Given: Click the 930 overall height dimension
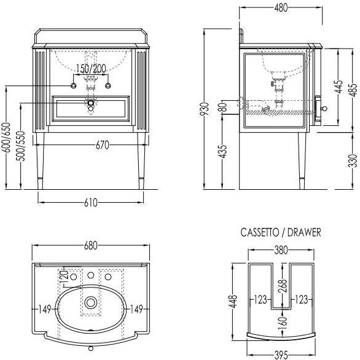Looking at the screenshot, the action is pyautogui.click(x=205, y=109).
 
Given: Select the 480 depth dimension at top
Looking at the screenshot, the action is pyautogui.click(x=281, y=8).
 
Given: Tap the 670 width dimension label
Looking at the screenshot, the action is pyautogui.click(x=102, y=145).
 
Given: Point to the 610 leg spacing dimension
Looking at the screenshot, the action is pyautogui.click(x=91, y=203).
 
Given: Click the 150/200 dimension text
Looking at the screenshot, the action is pyautogui.click(x=91, y=68).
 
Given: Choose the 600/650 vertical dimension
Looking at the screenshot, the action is pyautogui.click(x=7, y=137).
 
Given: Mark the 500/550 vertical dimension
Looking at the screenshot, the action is pyautogui.click(x=21, y=146).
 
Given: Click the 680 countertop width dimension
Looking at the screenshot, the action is pyautogui.click(x=91, y=246).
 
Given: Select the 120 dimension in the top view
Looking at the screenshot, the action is pyautogui.click(x=65, y=277).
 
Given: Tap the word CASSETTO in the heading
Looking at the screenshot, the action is pyautogui.click(x=259, y=232).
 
